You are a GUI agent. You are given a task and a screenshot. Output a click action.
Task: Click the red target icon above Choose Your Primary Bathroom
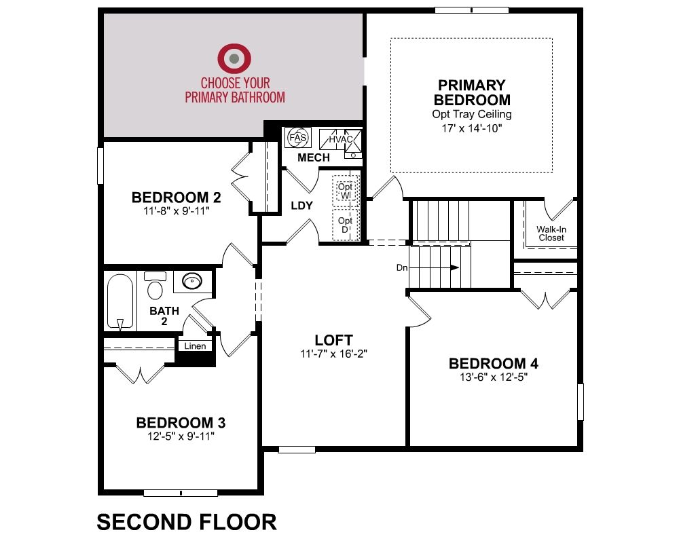point(234,58)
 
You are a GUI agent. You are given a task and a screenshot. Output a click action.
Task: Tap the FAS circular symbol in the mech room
point(298,138)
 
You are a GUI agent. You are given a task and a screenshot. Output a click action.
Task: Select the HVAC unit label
point(340,139)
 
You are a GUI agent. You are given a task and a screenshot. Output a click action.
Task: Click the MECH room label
point(314,157)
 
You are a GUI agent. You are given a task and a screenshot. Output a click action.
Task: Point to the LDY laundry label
point(302,205)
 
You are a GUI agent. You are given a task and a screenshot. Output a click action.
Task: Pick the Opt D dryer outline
point(346,225)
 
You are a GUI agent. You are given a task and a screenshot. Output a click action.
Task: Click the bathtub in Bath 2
point(120,302)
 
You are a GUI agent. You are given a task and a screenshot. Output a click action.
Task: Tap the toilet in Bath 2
point(155,286)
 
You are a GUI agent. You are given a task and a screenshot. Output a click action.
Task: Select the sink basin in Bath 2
point(192,281)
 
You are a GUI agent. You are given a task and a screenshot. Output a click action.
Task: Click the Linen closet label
point(195,346)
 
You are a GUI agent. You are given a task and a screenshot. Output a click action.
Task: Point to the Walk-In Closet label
point(551,233)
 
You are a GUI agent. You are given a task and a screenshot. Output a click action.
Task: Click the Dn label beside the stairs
point(402,267)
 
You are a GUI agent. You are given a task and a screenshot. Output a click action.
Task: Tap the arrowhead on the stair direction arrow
point(455,267)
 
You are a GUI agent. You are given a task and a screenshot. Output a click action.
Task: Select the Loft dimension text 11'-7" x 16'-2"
point(333,354)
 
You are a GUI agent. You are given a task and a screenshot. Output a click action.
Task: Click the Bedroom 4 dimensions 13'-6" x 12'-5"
point(494,377)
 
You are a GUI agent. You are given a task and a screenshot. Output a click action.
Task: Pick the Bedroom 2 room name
point(177,198)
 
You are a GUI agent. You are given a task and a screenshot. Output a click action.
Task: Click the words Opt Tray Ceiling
point(472,114)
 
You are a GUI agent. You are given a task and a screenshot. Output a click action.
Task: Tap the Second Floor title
point(187,522)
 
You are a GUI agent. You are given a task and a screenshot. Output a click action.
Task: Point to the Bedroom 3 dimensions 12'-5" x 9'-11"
point(181,436)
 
